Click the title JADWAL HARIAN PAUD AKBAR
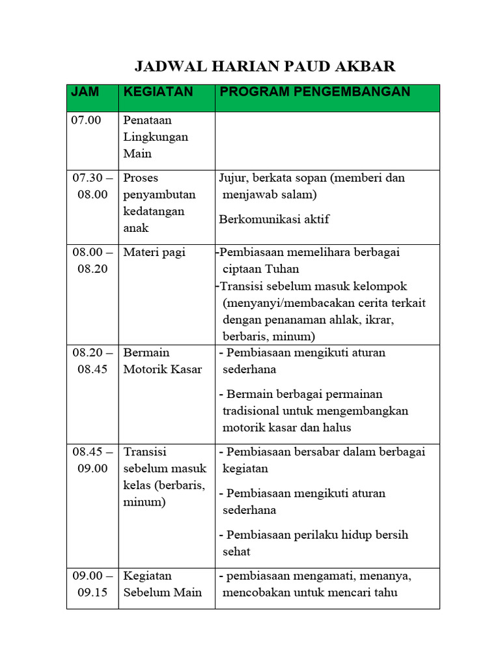[264, 66]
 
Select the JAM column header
[85, 92]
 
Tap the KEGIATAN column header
[158, 92]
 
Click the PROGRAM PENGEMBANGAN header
[315, 92]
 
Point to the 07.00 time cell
[86, 121]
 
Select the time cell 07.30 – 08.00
[92, 186]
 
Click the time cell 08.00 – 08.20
[92, 261]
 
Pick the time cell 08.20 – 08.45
[92, 361]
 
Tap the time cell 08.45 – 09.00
[92, 460]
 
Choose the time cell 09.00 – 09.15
[92, 584]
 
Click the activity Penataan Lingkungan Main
[156, 137]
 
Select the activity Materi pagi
[154, 253]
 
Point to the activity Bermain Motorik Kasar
[163, 361]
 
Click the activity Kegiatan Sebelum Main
[163, 584]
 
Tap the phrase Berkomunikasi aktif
[274, 219]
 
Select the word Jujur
[232, 178]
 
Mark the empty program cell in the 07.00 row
[327, 141]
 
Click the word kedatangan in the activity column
[155, 211]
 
